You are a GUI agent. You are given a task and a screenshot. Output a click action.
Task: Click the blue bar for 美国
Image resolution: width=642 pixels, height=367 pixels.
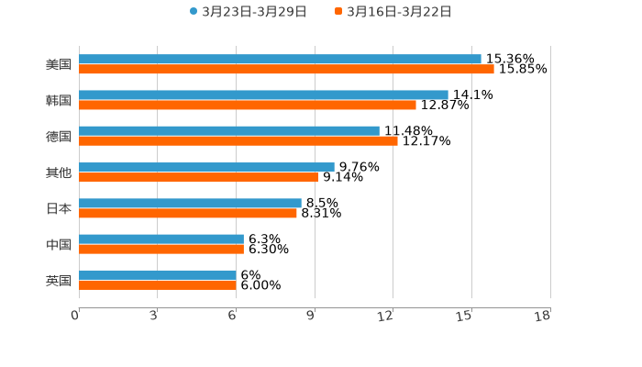(280, 60)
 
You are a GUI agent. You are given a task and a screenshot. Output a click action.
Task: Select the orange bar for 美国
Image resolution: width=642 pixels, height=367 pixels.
(286, 70)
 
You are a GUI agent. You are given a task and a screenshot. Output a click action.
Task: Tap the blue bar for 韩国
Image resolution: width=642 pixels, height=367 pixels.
(263, 95)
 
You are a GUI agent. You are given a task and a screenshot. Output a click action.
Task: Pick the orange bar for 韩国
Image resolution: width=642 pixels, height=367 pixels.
(248, 106)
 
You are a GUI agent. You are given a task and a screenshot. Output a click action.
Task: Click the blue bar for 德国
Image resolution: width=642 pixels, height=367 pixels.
(229, 131)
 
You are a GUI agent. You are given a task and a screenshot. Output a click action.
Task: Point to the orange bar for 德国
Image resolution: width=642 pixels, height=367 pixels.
(238, 141)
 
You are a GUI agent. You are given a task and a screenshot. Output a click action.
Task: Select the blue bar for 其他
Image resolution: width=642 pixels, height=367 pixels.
(206, 167)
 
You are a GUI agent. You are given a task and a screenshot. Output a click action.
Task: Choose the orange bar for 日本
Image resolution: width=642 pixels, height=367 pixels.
(188, 214)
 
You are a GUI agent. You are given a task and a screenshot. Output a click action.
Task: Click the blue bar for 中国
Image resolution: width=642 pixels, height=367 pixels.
(161, 239)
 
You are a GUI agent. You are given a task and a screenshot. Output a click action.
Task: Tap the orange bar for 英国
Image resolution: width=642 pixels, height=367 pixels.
(158, 285)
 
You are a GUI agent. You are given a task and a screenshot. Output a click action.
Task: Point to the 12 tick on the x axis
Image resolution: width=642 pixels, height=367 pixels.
(386, 316)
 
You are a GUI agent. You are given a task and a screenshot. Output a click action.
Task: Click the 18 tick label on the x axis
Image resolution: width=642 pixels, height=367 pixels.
(543, 316)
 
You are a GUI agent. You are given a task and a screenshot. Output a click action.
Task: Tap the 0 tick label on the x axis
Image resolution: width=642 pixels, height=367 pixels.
(75, 316)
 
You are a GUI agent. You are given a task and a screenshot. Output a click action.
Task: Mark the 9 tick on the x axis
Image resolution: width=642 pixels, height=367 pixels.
(311, 316)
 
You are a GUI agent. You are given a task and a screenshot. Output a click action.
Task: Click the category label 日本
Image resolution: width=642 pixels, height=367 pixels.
(59, 208)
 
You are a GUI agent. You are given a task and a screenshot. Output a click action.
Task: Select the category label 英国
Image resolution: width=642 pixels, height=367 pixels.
(59, 280)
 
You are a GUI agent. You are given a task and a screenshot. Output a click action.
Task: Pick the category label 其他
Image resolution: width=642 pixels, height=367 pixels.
(59, 172)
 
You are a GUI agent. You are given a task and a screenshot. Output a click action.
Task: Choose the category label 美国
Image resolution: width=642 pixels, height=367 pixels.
(59, 65)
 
